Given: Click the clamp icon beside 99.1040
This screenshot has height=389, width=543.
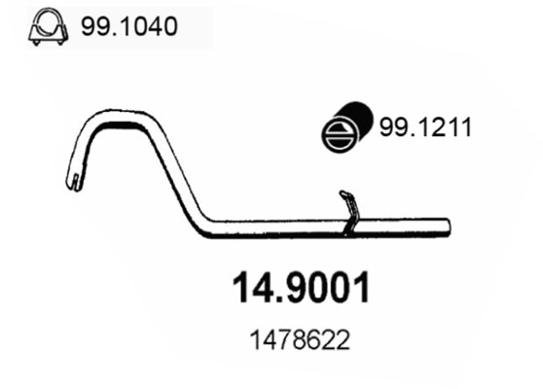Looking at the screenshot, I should (43, 30).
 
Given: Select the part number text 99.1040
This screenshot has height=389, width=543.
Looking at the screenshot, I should (131, 28).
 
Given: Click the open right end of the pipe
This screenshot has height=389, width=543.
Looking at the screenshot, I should (449, 226).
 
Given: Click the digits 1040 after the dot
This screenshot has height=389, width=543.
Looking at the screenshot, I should (152, 28).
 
